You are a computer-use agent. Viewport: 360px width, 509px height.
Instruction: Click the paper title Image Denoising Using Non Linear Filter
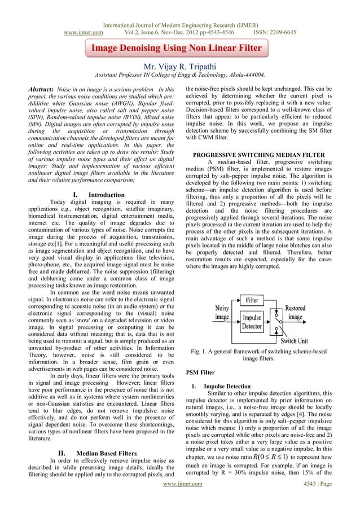[x=177, y=49]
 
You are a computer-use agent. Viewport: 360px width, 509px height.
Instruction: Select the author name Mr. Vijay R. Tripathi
[x=180, y=65]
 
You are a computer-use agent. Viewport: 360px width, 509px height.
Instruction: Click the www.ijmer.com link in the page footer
[x=180, y=499]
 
